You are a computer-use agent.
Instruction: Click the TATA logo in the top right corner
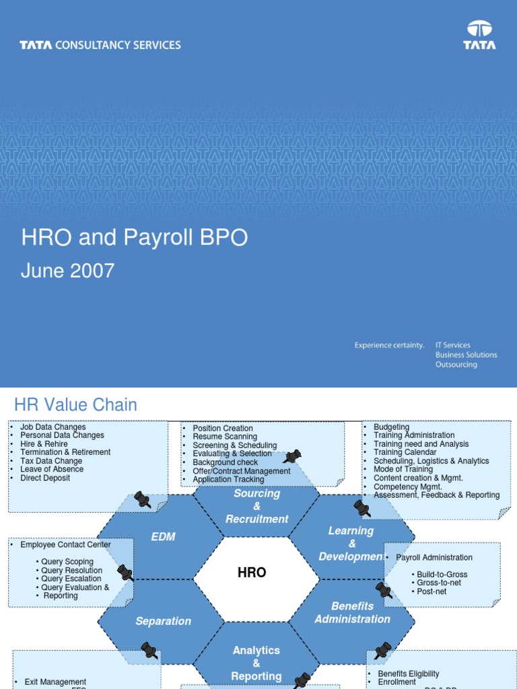coord(479,35)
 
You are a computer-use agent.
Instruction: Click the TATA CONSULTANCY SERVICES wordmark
coord(100,45)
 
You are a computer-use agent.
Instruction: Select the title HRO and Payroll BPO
coord(135,238)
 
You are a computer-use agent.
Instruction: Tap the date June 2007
coord(67,270)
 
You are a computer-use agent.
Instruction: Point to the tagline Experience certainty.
coord(390,345)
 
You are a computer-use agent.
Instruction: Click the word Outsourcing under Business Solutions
coord(456,365)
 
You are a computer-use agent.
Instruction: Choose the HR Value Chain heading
coord(75,404)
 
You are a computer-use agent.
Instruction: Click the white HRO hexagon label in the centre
coord(252,573)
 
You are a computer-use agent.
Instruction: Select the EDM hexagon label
coord(163,536)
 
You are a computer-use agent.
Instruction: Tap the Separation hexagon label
coord(163,621)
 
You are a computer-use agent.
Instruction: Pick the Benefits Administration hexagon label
coord(352,613)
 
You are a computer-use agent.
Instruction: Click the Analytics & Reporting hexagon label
coord(256,663)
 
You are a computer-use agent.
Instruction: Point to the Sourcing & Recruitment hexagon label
coord(256,506)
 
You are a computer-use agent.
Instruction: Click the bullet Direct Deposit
coord(45,478)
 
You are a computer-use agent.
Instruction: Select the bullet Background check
coord(225,463)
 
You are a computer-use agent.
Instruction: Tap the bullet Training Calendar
coord(405,453)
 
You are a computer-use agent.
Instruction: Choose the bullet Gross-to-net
coord(439,583)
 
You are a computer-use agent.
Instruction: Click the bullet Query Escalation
coord(71,579)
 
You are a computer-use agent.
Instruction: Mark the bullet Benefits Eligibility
coord(408,674)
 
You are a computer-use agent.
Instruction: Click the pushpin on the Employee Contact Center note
coord(125,573)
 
